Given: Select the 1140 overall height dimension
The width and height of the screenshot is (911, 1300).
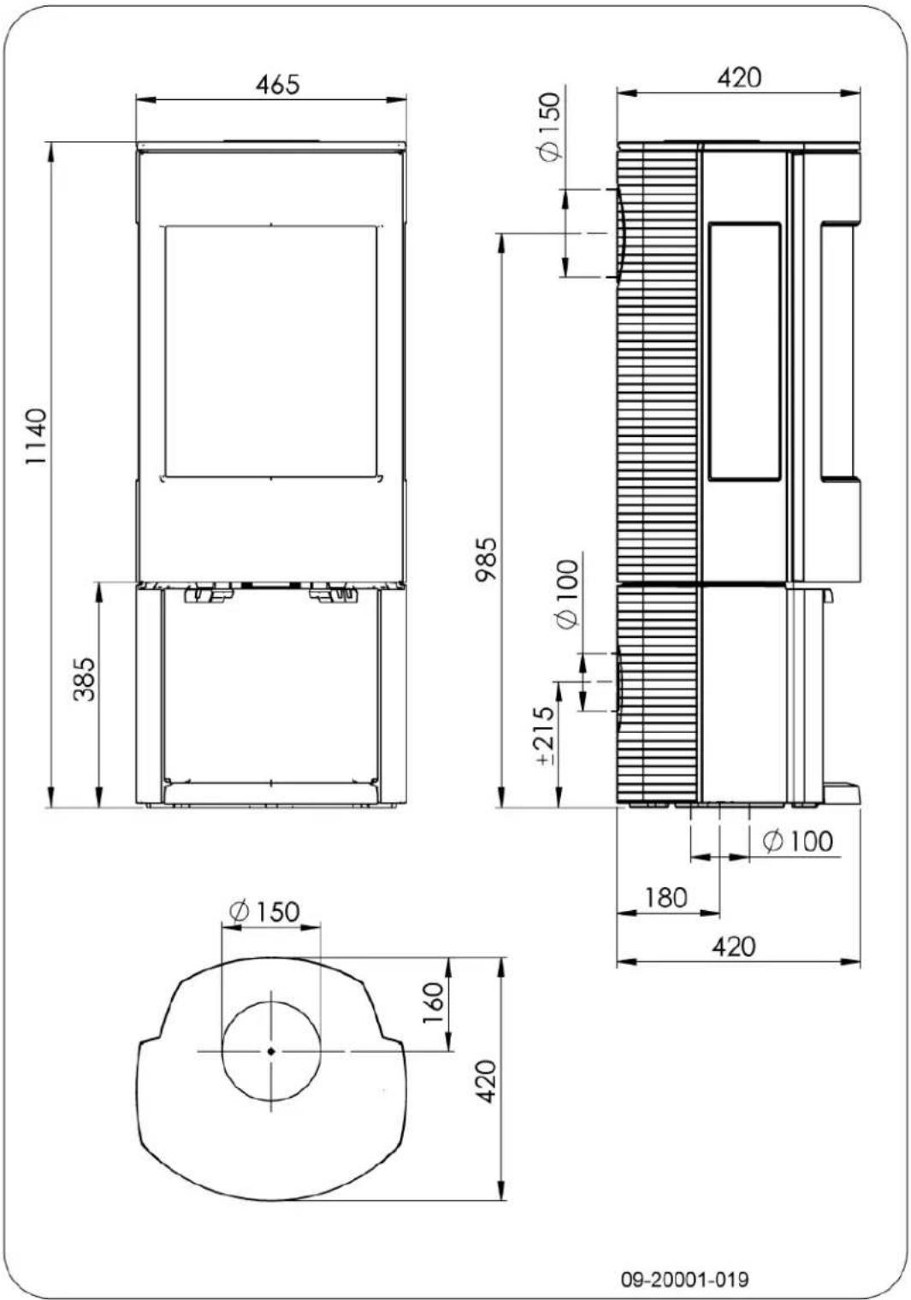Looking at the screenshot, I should [x=35, y=437].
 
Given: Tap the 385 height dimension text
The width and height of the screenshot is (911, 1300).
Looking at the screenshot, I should [x=84, y=678].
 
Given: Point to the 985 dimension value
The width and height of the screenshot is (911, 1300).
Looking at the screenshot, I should [x=485, y=560].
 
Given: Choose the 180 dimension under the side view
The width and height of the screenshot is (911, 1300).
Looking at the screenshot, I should [x=666, y=897].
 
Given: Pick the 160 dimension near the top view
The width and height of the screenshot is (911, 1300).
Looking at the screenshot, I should [x=435, y=996].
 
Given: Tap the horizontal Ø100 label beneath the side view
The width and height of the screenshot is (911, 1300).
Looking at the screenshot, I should [x=797, y=841].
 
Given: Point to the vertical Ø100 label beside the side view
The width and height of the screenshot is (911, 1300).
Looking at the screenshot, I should [x=567, y=594].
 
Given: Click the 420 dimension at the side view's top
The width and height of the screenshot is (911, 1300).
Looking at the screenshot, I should [x=738, y=77].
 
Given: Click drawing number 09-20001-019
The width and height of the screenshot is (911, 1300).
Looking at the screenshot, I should [x=684, y=1279].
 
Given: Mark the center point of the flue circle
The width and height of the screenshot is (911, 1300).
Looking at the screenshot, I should [x=271, y=1050].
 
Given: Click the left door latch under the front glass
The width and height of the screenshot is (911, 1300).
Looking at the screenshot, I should [x=210, y=593].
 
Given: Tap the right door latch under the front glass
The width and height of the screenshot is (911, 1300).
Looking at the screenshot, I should [x=332, y=593].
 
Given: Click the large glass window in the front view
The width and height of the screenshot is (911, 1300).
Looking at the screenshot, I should [x=270, y=351].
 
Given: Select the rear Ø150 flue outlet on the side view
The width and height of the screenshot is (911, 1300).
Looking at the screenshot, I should [x=617, y=233].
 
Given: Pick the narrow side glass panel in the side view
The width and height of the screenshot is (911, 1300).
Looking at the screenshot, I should [x=744, y=351].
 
